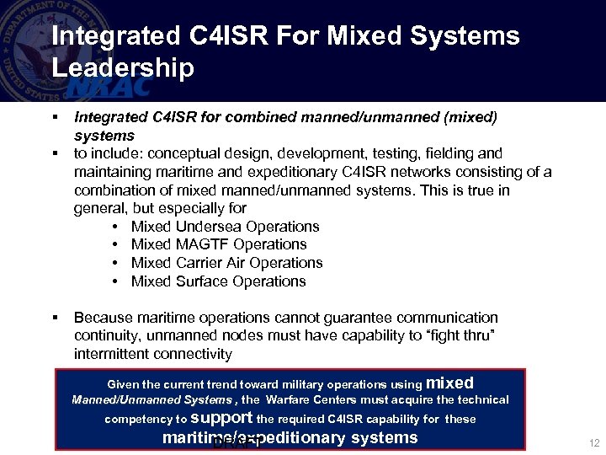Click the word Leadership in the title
(123, 67)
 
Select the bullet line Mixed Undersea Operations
(225, 227)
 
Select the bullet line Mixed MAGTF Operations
(219, 244)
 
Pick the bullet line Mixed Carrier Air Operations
(226, 263)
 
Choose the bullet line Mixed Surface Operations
(218, 281)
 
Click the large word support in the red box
(221, 417)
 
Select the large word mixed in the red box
(450, 383)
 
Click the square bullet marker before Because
(54, 318)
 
